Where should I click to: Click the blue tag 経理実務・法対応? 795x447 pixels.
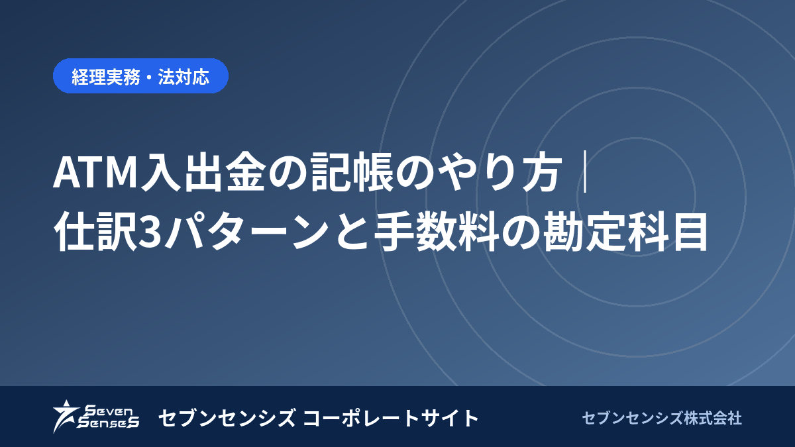click(140, 76)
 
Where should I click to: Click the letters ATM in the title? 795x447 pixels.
click(95, 172)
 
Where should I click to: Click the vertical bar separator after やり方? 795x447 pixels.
click(586, 172)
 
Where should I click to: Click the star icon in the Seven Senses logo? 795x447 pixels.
click(66, 416)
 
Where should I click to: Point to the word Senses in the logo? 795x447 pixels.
click(108, 422)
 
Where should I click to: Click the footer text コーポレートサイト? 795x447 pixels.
click(391, 418)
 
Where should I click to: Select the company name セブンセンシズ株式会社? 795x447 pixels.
click(662, 418)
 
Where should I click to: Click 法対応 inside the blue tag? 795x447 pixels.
click(184, 76)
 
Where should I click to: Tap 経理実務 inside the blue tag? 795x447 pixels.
click(106, 76)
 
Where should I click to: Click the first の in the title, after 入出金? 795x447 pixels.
click(288, 173)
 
